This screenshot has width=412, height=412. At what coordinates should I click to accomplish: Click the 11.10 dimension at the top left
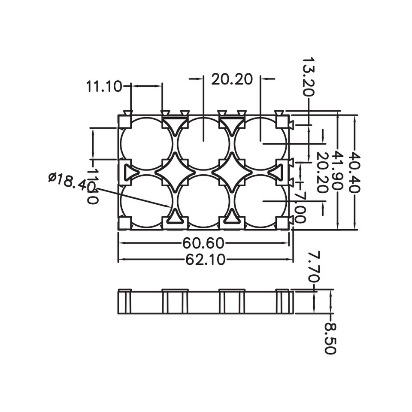pyautogui.click(x=104, y=86)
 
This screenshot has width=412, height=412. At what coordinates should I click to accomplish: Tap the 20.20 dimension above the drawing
pyautogui.click(x=232, y=79)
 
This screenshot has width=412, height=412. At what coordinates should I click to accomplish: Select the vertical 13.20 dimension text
pyautogui.click(x=309, y=77)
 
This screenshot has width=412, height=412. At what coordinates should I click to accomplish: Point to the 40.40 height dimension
pyautogui.click(x=355, y=172)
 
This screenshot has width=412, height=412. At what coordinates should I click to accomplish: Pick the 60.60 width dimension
pyautogui.click(x=203, y=243)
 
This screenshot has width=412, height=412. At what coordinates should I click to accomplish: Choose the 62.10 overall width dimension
pyautogui.click(x=206, y=260)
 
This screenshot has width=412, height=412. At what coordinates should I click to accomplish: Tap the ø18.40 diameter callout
pyautogui.click(x=71, y=182)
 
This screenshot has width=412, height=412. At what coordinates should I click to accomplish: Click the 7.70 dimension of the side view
pyautogui.click(x=314, y=267)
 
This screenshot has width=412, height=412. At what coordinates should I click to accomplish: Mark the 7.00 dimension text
pyautogui.click(x=300, y=208)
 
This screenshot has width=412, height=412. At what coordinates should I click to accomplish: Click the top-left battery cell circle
pyautogui.click(x=146, y=143)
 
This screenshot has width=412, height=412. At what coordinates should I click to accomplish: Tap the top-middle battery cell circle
pyautogui.click(x=203, y=143)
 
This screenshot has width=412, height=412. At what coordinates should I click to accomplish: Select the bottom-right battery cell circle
pyautogui.click(x=261, y=200)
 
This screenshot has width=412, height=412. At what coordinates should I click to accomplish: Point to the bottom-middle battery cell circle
pyautogui.click(x=203, y=200)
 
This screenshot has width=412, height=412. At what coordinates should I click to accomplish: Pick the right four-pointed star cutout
pyautogui.click(x=232, y=172)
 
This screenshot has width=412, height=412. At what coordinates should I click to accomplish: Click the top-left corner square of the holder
pyautogui.click(x=124, y=122)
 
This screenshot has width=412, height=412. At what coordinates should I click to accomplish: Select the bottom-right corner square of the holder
pyautogui.click(x=282, y=223)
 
